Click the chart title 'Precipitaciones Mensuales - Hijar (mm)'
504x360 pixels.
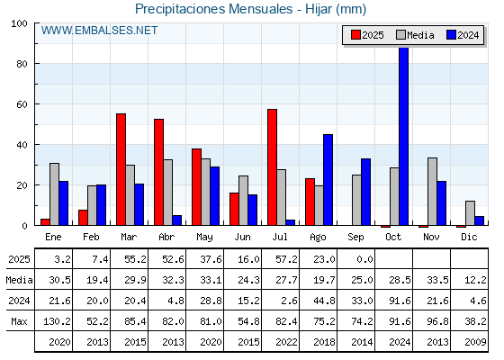click(x=251, y=9)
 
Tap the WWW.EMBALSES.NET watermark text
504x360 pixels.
click(x=99, y=31)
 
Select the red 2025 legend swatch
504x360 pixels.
click(x=355, y=35)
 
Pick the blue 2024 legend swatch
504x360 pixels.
click(x=451, y=35)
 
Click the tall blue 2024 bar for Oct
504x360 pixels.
click(x=404, y=136)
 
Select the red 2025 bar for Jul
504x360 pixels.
click(x=272, y=167)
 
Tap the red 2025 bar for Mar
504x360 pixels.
click(x=121, y=169)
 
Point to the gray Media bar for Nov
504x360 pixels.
click(x=432, y=192)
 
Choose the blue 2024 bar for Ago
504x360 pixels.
click(x=328, y=180)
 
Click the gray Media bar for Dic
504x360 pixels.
click(x=470, y=213)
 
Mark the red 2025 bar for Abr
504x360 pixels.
click(x=158, y=172)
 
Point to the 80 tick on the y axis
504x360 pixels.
click(x=22, y=64)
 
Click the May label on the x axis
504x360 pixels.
click(x=204, y=238)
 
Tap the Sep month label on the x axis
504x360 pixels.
click(x=355, y=238)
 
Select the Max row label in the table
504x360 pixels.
click(x=19, y=321)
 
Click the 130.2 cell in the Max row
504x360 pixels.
click(x=57, y=321)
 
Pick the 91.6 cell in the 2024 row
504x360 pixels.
click(x=400, y=301)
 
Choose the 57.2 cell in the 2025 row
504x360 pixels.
click(x=286, y=259)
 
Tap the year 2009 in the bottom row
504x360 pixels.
click(x=475, y=342)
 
